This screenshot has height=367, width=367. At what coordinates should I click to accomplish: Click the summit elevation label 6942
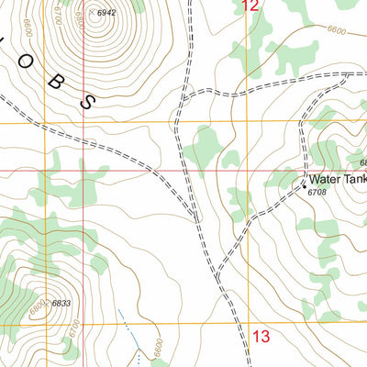[x=106, y=13]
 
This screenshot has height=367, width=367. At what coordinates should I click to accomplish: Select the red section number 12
[x=250, y=6]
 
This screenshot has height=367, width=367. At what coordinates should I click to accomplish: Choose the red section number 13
[x=261, y=336]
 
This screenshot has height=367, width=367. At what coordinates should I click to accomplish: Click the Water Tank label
[x=337, y=180]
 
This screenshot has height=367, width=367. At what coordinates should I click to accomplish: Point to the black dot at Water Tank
[x=305, y=186]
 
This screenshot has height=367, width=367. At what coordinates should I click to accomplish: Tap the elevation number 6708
[x=317, y=193]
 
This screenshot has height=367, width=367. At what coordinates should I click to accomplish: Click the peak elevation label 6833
[x=61, y=304]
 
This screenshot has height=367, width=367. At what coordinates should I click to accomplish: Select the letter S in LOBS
[x=88, y=102]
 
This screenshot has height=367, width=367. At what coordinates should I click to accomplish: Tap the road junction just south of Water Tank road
[x=218, y=273]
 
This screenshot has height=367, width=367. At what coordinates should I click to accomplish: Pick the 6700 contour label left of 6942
[x=57, y=14]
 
